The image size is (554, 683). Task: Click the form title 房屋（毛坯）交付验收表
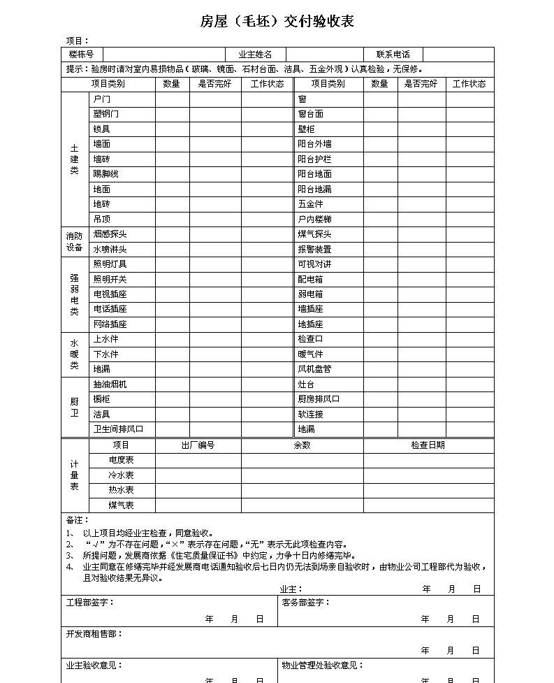277,22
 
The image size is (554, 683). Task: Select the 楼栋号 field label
81,55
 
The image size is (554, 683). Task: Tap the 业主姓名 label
255,55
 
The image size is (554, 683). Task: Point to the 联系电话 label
393,55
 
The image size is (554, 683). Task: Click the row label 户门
102,99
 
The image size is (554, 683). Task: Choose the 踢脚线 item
106,174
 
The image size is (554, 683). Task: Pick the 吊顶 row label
102,219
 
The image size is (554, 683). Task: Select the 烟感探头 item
110,234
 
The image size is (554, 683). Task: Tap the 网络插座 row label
110,324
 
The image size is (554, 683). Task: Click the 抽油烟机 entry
110,384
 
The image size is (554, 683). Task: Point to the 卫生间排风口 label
119,429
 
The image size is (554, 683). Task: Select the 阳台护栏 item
314,159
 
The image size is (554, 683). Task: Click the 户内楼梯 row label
314,220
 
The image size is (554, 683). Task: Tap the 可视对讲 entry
314,264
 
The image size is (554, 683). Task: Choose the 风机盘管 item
314,369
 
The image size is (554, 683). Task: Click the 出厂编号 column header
198,445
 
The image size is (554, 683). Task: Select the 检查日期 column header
428,445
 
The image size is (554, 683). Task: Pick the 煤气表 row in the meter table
121,505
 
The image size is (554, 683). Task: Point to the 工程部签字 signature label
90,603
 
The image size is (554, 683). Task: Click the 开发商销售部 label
94,634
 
